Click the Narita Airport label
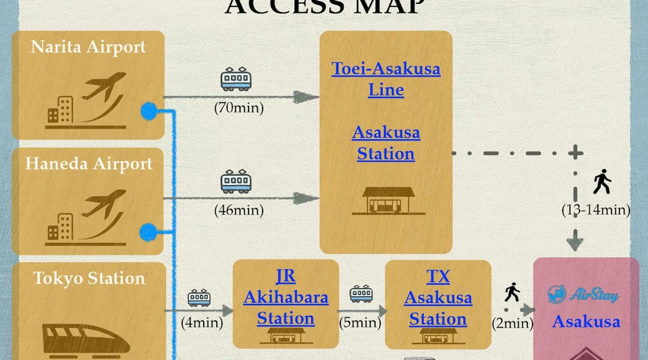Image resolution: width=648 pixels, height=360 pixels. (88, 47)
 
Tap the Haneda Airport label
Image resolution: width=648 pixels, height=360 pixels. (89, 164)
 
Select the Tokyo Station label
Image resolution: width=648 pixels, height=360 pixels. (89, 278)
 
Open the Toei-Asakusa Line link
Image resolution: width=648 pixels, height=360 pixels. (386, 79)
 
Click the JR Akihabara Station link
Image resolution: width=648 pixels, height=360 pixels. (286, 297)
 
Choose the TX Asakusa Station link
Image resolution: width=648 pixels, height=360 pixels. (438, 298)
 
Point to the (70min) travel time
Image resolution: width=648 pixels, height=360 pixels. (239, 108)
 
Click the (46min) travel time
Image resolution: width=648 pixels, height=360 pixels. (239, 210)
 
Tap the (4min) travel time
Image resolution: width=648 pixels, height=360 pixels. (202, 323)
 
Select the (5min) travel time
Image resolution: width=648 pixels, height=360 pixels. (360, 323)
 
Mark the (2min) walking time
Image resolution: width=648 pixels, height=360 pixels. (512, 323)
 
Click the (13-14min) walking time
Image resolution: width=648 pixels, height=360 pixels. (596, 210)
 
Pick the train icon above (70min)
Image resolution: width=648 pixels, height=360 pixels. (236, 78)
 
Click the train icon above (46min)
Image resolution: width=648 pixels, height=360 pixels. (236, 181)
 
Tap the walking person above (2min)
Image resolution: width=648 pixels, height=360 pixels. (512, 292)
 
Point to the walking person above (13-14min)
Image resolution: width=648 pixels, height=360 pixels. (602, 181)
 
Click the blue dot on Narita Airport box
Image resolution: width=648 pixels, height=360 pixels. (149, 111)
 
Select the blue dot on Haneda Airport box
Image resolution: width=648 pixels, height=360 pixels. (148, 232)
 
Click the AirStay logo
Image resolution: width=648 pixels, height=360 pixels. (583, 295)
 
